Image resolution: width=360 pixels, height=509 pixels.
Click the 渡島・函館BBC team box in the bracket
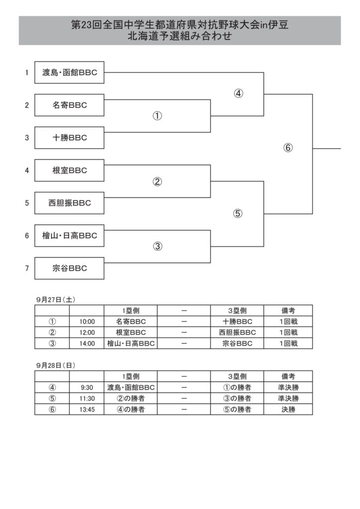click(69, 73)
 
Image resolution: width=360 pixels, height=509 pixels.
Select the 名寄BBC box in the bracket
click(69, 105)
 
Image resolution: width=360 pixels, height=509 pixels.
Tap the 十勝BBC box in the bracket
click(69, 138)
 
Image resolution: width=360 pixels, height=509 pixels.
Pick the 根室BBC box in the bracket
click(69, 170)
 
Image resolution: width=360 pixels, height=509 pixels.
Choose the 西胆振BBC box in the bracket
click(69, 203)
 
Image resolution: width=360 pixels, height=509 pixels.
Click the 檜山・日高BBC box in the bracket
click(69, 236)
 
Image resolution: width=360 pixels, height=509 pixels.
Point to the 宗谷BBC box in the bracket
click(69, 268)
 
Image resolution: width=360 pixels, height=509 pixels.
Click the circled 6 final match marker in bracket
click(288, 148)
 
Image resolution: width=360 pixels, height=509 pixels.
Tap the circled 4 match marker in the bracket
click(238, 93)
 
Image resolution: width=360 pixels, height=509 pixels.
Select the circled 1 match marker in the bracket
click(157, 116)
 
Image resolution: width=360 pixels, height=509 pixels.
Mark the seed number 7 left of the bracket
click(27, 268)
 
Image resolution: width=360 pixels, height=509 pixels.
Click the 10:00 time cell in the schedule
click(87, 322)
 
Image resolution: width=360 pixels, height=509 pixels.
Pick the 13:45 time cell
click(87, 410)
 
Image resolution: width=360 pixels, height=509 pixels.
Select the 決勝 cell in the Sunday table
click(288, 410)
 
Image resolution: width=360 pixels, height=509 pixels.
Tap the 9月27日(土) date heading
click(56, 300)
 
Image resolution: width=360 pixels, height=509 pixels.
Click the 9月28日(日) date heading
click(56, 365)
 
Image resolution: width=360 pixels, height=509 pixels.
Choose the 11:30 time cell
click(87, 399)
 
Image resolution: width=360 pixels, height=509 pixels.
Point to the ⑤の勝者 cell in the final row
click(237, 410)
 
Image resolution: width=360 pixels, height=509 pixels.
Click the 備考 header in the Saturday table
click(288, 311)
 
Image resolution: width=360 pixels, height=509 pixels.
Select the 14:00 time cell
click(87, 343)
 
